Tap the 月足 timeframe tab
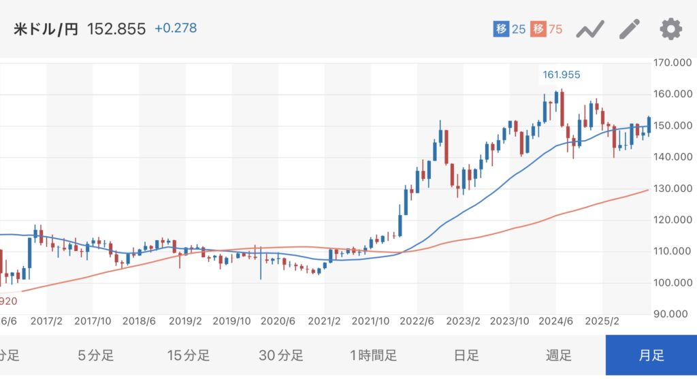coord(651,355)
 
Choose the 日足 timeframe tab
coord(466,355)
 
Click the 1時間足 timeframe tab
coord(373,355)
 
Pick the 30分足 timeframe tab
coord(280,355)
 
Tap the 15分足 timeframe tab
coord(188,355)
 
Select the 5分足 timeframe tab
coord(95,355)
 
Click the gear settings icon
coord(670,29)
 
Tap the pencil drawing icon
coord(630,29)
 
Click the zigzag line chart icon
coord(590,30)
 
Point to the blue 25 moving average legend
coord(510,30)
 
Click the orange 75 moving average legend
coord(547,30)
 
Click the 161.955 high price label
coord(561,74)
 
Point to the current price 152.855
coord(116,30)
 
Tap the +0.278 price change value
coord(176,29)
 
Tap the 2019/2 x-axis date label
coord(186,320)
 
